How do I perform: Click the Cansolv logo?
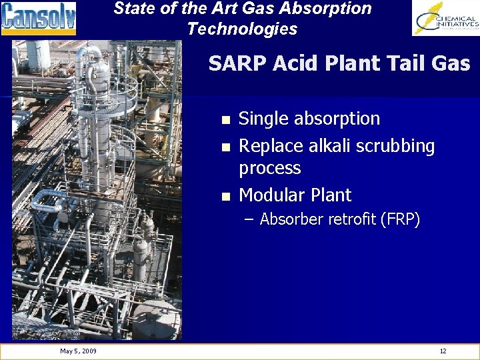[39, 19]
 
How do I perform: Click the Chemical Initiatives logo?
[446, 19]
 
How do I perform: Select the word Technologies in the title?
[242, 29]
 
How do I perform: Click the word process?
[269, 168]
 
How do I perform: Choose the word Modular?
[270, 195]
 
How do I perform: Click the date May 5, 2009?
[78, 351]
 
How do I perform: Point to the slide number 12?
[443, 351]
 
